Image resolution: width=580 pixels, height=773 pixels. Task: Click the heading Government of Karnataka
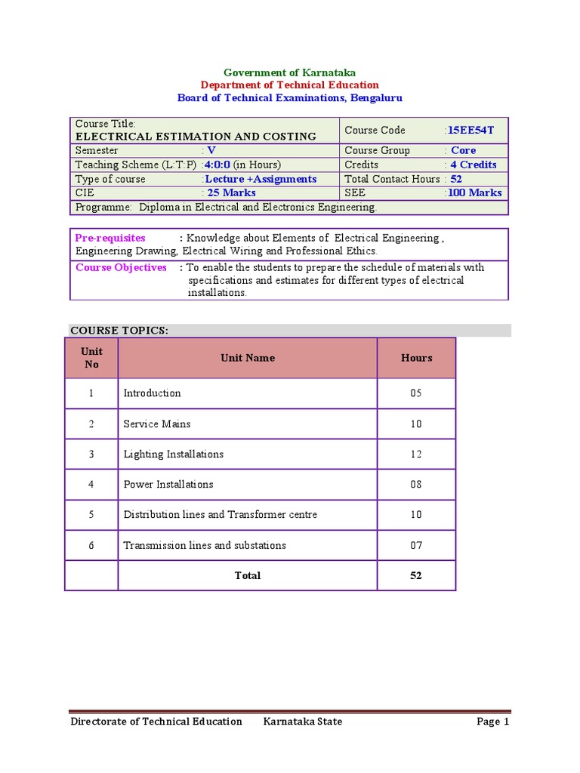290,72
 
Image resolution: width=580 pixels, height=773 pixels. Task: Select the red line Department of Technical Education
290,85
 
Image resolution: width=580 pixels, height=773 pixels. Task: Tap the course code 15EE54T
470,130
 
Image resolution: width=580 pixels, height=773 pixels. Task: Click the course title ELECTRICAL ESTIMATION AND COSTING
196,137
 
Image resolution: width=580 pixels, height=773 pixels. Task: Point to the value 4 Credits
474,165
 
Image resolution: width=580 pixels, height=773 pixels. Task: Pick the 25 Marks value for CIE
232,192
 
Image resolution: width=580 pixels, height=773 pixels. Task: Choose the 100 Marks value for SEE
474,192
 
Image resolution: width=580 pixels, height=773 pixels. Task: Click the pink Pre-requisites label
110,238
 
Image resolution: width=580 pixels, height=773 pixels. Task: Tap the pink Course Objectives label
121,267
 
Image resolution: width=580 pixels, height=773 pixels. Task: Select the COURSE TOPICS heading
119,330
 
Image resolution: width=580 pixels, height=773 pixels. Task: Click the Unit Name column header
248,358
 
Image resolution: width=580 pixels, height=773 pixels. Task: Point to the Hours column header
416,358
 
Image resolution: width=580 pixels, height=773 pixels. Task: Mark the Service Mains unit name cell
157,423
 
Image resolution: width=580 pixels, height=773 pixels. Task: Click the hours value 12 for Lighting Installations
416,454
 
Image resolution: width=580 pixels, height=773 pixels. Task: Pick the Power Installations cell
168,485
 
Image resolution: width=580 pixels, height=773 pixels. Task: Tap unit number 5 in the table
91,515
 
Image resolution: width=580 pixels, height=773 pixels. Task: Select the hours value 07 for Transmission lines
416,545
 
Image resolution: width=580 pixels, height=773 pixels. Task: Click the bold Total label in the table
248,575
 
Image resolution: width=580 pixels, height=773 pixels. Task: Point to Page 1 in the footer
493,722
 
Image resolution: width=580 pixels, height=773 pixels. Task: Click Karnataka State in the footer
302,722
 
